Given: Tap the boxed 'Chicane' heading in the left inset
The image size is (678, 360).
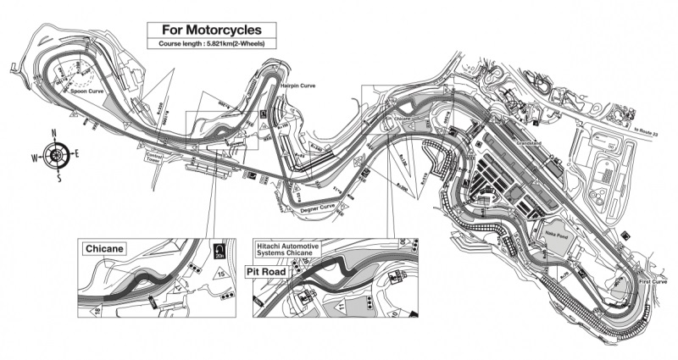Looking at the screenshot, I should pyautogui.click(x=104, y=248).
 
